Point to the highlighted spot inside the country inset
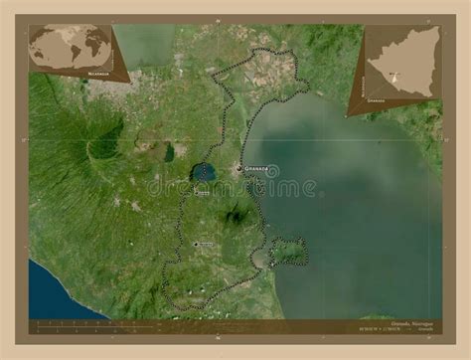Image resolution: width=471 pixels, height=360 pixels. coord(394,76)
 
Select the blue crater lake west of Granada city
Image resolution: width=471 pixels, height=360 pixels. coord(206,173)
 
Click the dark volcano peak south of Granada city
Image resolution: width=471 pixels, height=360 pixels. coord(236,213)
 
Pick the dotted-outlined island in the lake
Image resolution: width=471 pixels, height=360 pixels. coord(287,253)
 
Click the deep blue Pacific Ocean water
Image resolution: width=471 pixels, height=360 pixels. coord(55,293)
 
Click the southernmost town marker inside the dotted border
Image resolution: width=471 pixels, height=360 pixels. coord(196,244)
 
